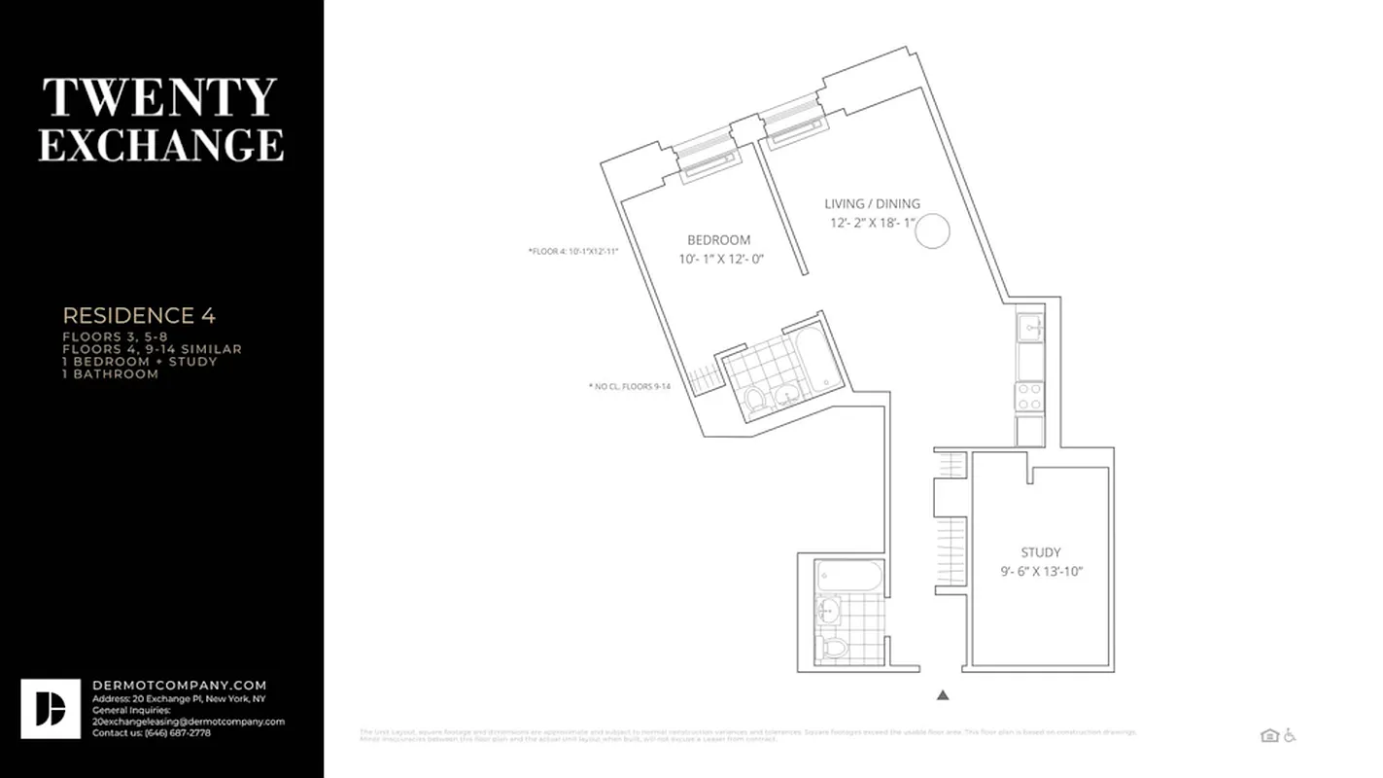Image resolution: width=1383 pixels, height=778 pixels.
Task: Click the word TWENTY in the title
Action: (160, 97)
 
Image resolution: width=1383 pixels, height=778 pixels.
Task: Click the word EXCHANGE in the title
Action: (160, 144)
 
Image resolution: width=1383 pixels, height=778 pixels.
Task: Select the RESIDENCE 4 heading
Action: (139, 315)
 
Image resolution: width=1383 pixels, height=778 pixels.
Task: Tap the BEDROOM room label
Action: (718, 240)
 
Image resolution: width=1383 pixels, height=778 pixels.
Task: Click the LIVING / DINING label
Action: (872, 204)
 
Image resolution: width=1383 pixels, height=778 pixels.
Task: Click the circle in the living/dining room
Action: (933, 231)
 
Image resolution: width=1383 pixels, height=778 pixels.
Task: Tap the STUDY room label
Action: (1040, 552)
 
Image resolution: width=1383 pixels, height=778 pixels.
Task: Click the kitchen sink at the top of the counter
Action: (1030, 329)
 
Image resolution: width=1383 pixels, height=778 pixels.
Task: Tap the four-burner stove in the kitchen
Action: (1029, 396)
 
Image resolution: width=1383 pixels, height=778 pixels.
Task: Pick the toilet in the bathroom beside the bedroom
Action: (755, 400)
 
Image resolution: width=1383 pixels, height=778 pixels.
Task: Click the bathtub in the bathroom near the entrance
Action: (849, 576)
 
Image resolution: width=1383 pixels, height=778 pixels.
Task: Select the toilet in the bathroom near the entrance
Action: (834, 647)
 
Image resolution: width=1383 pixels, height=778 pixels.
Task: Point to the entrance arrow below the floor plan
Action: (942, 695)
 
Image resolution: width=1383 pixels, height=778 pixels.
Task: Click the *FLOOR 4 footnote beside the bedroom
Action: (573, 251)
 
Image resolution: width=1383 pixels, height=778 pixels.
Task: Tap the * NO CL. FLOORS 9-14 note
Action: (630, 386)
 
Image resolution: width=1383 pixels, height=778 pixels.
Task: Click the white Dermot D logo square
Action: (51, 709)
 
